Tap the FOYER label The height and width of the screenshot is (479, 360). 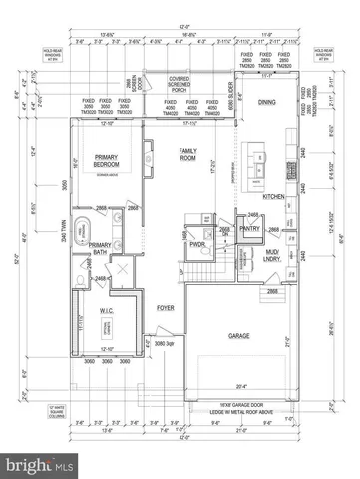166,309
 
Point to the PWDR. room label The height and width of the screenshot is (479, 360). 197,244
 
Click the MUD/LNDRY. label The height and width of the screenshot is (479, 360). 272,255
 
